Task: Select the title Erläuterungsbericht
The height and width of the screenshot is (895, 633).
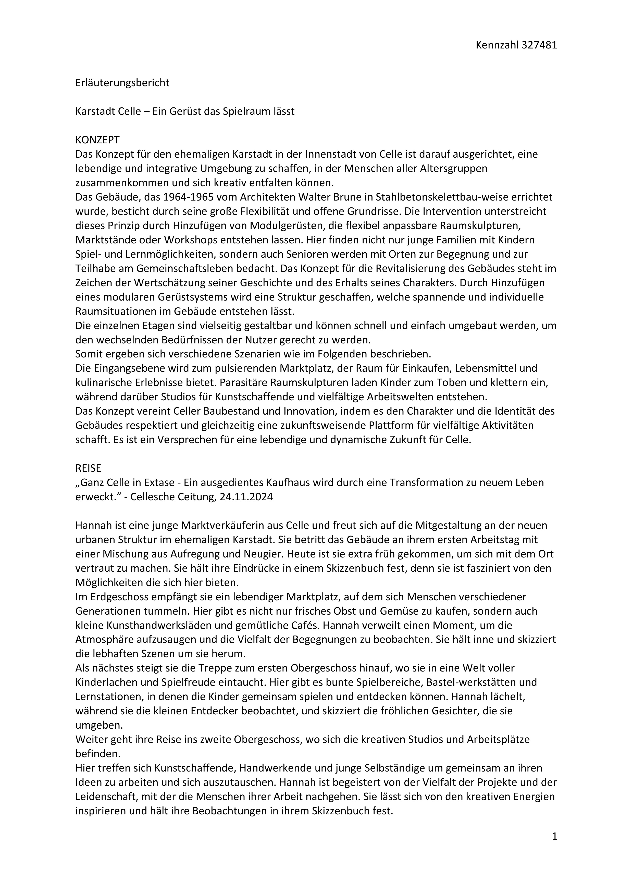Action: (122, 83)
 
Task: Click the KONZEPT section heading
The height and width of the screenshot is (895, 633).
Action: (97, 140)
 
